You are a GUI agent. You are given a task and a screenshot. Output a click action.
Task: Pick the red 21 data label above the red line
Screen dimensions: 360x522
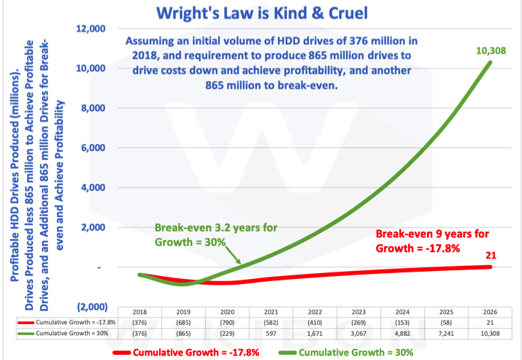tap(490, 255)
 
